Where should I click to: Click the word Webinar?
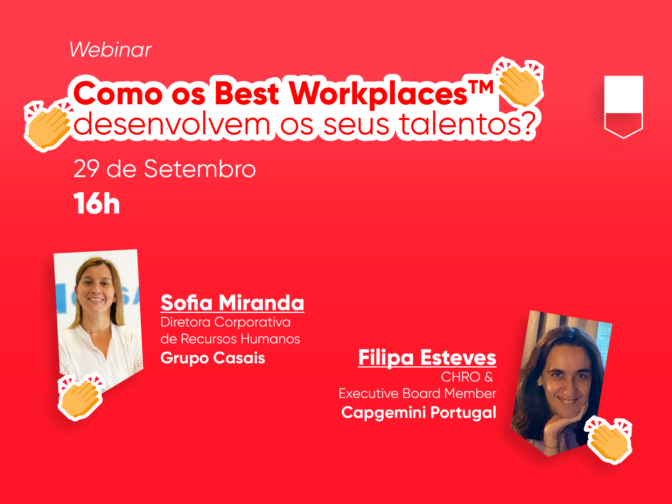click(x=110, y=49)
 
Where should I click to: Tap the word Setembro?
click(x=200, y=169)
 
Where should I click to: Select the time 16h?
click(x=97, y=203)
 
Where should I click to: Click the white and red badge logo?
click(x=623, y=107)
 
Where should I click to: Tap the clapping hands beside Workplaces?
click(x=518, y=83)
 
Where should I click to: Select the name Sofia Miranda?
click(x=232, y=303)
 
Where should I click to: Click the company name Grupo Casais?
click(x=213, y=358)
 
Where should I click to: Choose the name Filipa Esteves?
click(x=427, y=357)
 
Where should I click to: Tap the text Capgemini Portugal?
click(x=419, y=413)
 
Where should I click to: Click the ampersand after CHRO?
click(x=489, y=377)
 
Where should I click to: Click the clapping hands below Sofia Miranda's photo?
click(x=81, y=397)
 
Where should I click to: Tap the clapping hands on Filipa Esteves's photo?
click(x=609, y=440)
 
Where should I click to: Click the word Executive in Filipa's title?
click(x=368, y=394)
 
